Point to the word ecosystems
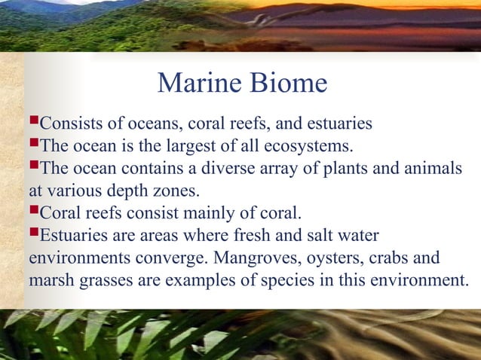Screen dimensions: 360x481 pyautogui.click(x=309, y=144)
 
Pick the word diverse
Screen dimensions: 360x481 pyautogui.click(x=204, y=166)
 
